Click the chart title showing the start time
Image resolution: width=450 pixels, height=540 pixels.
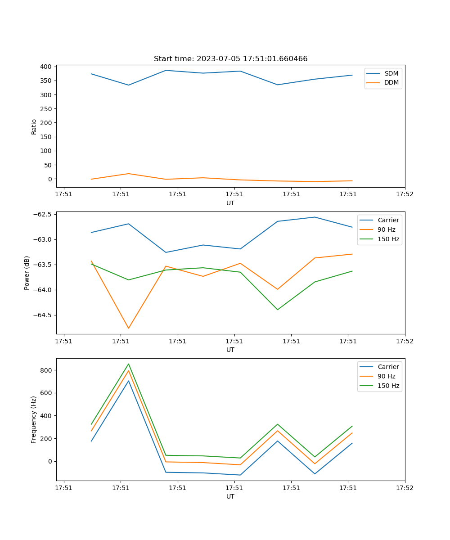(230, 59)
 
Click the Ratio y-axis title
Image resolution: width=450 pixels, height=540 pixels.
(34, 126)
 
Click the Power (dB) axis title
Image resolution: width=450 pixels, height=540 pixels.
(27, 273)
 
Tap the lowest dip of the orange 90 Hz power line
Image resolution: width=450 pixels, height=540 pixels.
(129, 328)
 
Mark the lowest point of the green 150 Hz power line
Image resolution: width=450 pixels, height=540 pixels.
(278, 310)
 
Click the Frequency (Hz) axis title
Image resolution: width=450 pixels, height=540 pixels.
(34, 419)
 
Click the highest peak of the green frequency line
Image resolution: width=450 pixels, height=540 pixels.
(129, 364)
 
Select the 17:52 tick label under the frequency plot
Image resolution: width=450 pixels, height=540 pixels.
(405, 488)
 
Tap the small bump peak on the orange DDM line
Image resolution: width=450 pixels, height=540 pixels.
(129, 174)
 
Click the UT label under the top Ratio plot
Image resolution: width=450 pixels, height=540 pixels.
(230, 203)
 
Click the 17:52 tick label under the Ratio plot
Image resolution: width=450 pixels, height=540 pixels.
(405, 194)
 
